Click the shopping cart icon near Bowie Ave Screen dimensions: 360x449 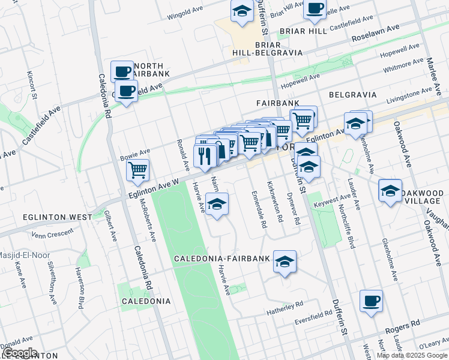(x=138, y=170)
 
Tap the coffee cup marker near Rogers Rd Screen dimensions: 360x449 (x=372, y=300)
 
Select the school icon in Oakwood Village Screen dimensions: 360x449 (x=390, y=191)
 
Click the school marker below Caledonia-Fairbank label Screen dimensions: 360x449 (x=285, y=262)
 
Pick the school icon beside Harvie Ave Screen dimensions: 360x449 (x=217, y=203)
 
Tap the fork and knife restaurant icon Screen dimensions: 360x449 (x=204, y=155)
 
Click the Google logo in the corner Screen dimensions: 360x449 (x=19, y=353)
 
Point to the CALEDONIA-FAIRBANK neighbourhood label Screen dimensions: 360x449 (x=219, y=259)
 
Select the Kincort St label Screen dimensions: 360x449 (x=32, y=85)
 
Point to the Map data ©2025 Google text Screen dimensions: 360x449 (x=412, y=355)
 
